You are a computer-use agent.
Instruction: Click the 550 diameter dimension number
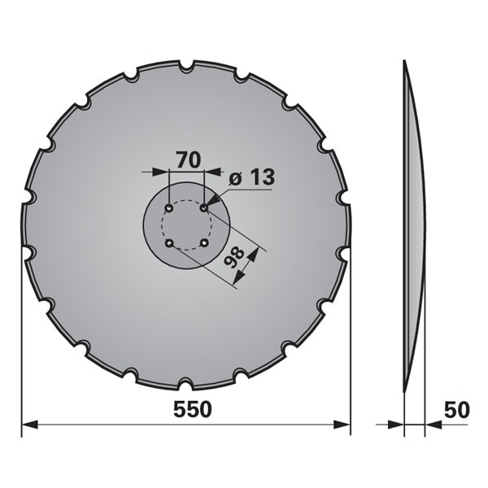(x=192, y=409)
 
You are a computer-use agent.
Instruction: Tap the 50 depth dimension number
(x=456, y=410)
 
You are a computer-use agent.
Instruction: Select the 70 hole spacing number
(x=189, y=159)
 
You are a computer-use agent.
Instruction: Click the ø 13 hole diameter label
(x=252, y=177)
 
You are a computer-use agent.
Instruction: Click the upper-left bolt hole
(x=169, y=208)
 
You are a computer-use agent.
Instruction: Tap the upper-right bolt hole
(x=204, y=207)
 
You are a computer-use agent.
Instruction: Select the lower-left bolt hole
(x=169, y=243)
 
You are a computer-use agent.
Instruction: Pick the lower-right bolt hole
(x=204, y=242)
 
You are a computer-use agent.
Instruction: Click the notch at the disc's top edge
(x=187, y=66)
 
